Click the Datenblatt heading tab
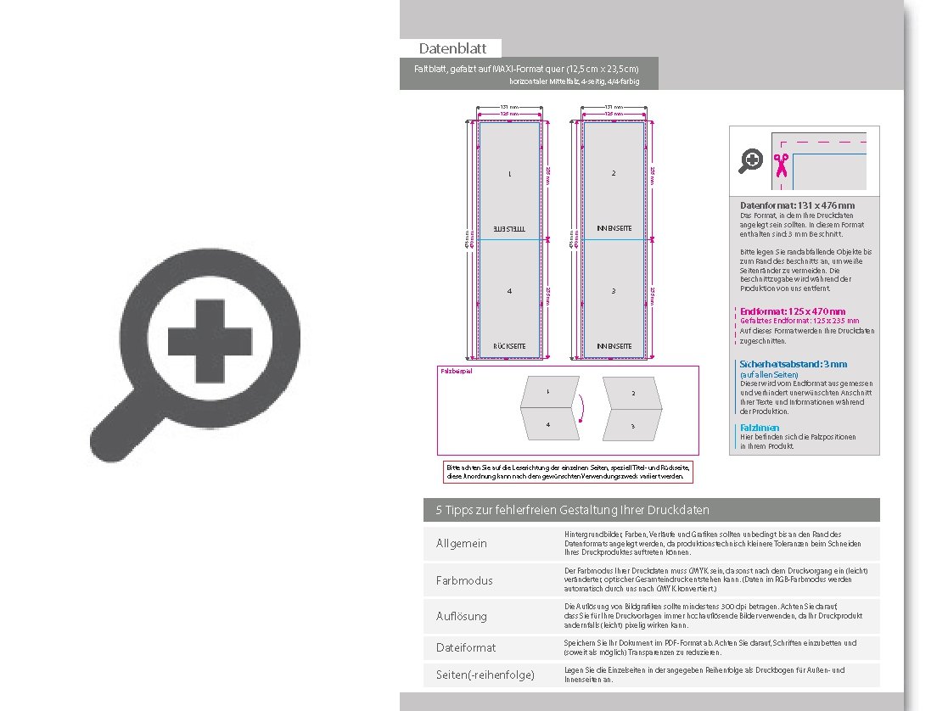(x=452, y=48)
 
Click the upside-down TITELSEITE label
(x=509, y=229)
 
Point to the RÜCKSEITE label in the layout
(x=509, y=346)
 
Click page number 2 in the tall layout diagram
(x=614, y=174)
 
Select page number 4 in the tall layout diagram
(x=509, y=291)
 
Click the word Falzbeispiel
(x=456, y=372)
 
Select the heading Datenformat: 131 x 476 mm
(x=797, y=205)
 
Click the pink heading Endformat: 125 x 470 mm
(x=793, y=311)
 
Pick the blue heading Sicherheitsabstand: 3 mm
(x=793, y=364)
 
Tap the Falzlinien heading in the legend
(x=760, y=428)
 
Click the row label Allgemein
(x=462, y=543)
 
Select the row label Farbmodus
(x=464, y=580)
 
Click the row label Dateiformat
(x=466, y=647)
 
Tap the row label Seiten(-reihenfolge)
(x=485, y=675)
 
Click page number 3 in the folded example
(x=633, y=426)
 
